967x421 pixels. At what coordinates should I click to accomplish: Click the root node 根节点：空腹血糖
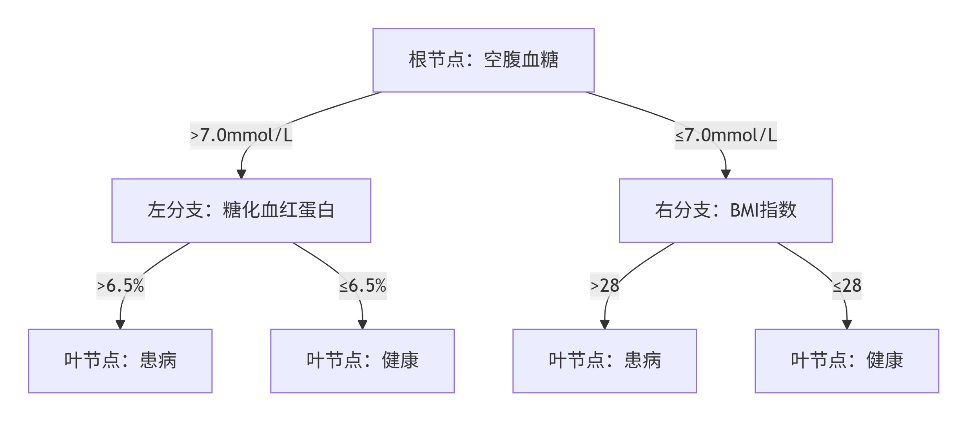(483, 60)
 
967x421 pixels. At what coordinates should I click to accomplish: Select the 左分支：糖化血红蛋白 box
(241, 211)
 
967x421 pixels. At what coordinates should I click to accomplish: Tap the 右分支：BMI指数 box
(726, 211)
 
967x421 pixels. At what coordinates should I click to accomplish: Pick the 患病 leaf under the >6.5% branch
(120, 361)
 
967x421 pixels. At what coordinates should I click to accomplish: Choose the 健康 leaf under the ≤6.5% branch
(362, 361)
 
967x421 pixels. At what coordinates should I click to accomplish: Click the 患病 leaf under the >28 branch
(604, 361)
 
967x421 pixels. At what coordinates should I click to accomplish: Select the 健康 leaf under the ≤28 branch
(847, 361)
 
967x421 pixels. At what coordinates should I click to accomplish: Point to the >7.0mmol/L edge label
(241, 136)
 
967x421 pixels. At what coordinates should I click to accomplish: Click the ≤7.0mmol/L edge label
(726, 136)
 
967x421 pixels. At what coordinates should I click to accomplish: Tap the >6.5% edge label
(120, 286)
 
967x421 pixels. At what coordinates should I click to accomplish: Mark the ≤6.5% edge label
(363, 286)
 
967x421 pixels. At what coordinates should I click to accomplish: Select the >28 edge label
(604, 286)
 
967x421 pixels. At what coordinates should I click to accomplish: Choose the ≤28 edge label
(847, 286)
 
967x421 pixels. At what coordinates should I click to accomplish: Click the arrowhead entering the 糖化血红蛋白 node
(241, 174)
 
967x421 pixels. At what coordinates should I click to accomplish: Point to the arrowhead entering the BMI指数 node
(726, 174)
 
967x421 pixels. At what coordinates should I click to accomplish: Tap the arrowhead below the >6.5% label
(120, 325)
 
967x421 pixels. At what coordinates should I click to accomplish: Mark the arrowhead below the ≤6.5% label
(363, 325)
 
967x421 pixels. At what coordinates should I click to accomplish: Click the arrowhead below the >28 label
(605, 325)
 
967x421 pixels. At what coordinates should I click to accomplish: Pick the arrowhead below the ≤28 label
(847, 325)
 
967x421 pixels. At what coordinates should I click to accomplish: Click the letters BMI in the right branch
(744, 210)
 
